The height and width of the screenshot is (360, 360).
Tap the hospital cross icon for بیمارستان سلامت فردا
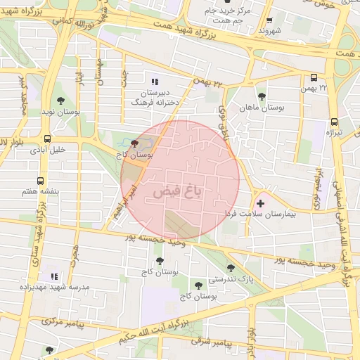261,204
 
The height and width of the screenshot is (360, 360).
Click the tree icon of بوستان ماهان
262,96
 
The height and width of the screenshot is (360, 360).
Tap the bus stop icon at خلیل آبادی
47,139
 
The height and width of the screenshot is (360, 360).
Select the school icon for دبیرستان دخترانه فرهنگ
155,82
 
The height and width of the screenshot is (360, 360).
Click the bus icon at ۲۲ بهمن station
313,78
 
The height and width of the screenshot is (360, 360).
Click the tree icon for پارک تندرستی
231,267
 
